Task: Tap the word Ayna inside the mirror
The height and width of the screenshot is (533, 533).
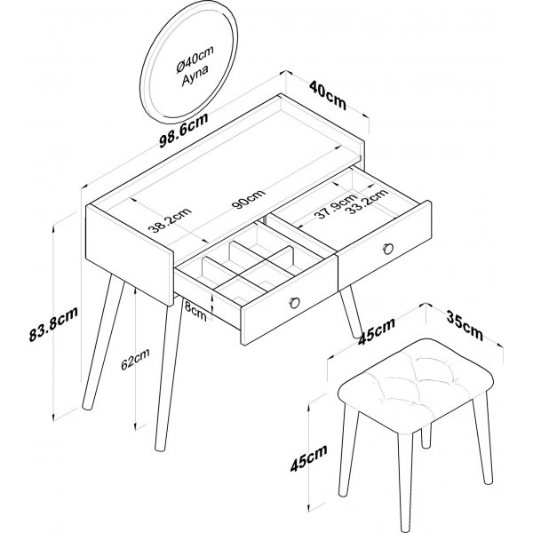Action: point(195,76)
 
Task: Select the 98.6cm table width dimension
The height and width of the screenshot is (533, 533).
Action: point(184,131)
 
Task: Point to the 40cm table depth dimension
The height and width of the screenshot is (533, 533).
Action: point(328,95)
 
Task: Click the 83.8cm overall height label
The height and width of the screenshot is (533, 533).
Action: point(53,323)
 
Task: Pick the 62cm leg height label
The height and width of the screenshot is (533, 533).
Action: point(135,359)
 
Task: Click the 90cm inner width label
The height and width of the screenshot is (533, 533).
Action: point(249,199)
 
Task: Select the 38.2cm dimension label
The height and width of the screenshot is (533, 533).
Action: point(170,220)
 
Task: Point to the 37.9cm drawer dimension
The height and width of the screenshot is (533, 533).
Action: point(336,206)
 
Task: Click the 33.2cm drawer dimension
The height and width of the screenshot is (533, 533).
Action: point(368,201)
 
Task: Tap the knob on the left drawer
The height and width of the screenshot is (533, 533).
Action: point(294,302)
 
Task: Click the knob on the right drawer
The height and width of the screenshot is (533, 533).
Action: point(388,249)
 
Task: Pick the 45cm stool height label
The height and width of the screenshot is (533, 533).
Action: point(308,457)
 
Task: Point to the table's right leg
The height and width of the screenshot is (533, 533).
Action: point(351,313)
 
